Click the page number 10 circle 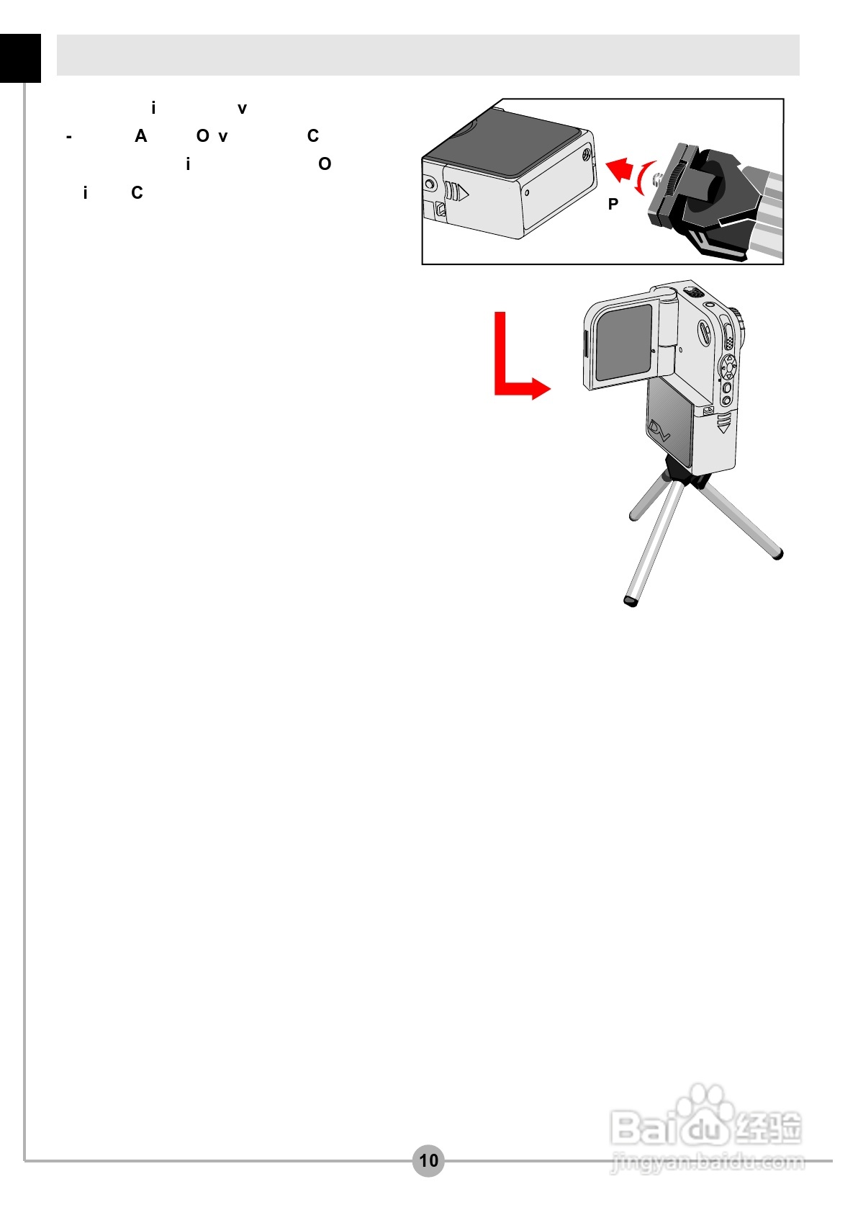428,1160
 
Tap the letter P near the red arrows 613,205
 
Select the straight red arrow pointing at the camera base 619,169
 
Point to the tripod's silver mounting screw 657,177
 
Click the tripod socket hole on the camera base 585,153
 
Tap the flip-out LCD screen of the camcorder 623,343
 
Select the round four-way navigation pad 728,367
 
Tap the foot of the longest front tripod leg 631,601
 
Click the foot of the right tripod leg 777,554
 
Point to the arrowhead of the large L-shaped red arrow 541,389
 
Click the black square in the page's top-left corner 20,58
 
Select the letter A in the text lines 141,136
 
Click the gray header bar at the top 428,55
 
